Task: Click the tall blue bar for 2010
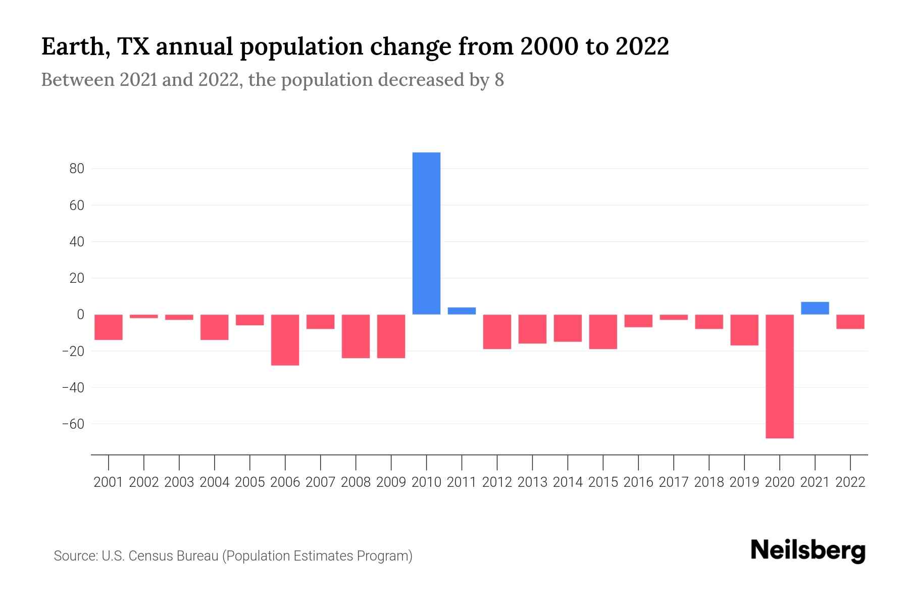pos(426,233)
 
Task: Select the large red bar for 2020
pos(779,376)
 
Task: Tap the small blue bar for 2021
pos(815,309)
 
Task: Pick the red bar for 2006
pos(285,340)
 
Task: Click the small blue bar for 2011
pos(462,311)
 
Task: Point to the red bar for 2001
pos(109,327)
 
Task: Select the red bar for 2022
pos(850,322)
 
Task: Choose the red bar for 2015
pos(602,332)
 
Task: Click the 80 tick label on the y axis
pos(77,169)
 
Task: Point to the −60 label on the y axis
pos(73,424)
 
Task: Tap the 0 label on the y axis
pos(80,315)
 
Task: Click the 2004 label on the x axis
pos(214,482)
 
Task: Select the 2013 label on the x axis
pos(532,482)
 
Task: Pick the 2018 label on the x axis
pos(709,482)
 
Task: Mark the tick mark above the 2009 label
pos(391,462)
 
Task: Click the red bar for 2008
pos(356,336)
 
